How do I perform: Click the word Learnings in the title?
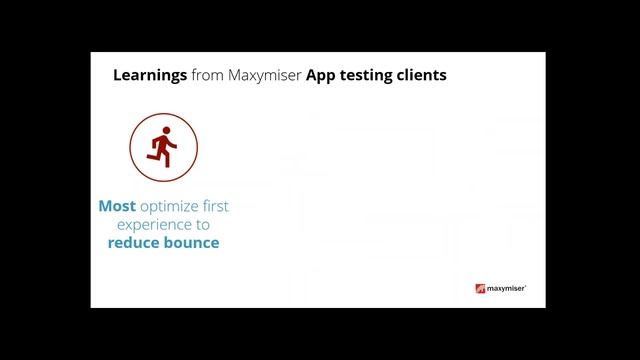149,76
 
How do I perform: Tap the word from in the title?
207,75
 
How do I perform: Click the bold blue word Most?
117,207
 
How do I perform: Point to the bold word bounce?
192,243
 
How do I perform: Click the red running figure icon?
163,148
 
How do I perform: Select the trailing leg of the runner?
153,156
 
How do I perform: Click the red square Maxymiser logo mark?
480,289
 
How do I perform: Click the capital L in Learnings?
117,75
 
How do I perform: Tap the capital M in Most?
106,207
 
